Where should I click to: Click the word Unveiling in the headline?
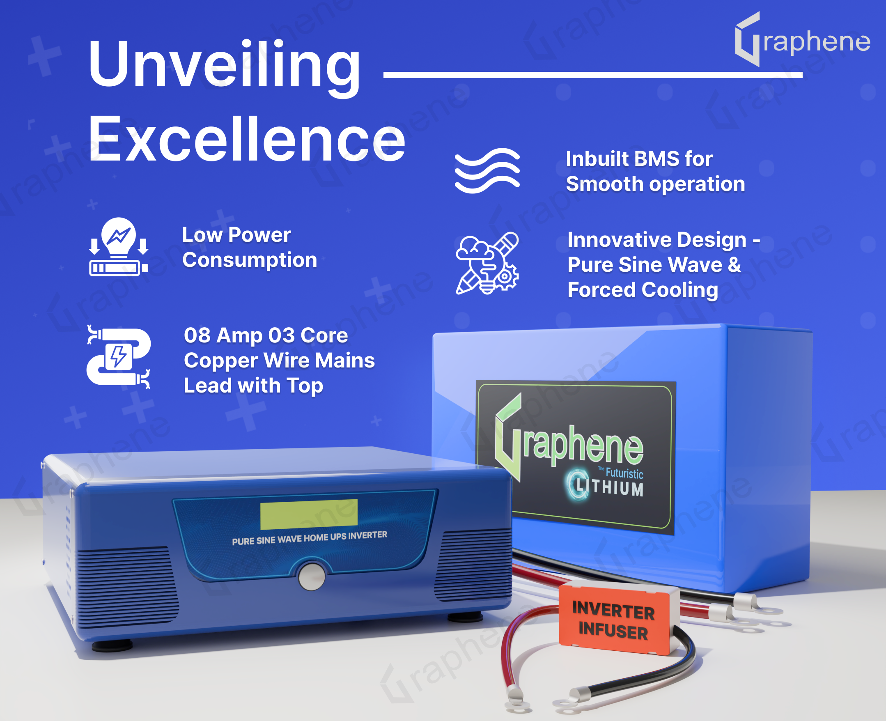224,67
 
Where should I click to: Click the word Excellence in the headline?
247,139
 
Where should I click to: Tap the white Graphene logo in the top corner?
803,39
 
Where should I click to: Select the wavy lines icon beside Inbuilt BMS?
487,170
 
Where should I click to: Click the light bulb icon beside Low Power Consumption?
119,247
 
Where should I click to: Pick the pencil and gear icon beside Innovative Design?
487,263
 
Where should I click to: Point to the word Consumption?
250,260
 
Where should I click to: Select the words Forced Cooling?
643,290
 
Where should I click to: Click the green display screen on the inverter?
309,514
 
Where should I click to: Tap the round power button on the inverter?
312,576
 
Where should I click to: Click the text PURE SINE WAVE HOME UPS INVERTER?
309,538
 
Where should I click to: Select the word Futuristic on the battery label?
624,473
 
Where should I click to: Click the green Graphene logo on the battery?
569,440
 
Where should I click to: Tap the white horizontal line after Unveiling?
593,75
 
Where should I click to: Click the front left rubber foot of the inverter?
112,645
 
